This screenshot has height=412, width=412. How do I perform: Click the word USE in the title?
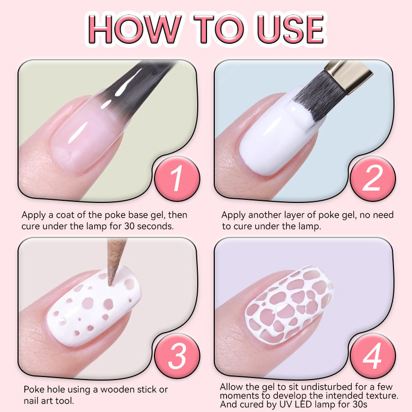tap(290, 29)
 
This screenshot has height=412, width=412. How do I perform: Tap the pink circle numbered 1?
tap(177, 179)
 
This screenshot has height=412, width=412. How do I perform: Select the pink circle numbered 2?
tap(372, 179)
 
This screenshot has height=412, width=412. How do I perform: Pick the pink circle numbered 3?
tap(177, 356)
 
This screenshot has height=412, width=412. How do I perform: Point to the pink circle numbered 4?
tap(372, 356)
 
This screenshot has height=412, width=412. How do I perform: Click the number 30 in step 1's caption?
tap(130, 226)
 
